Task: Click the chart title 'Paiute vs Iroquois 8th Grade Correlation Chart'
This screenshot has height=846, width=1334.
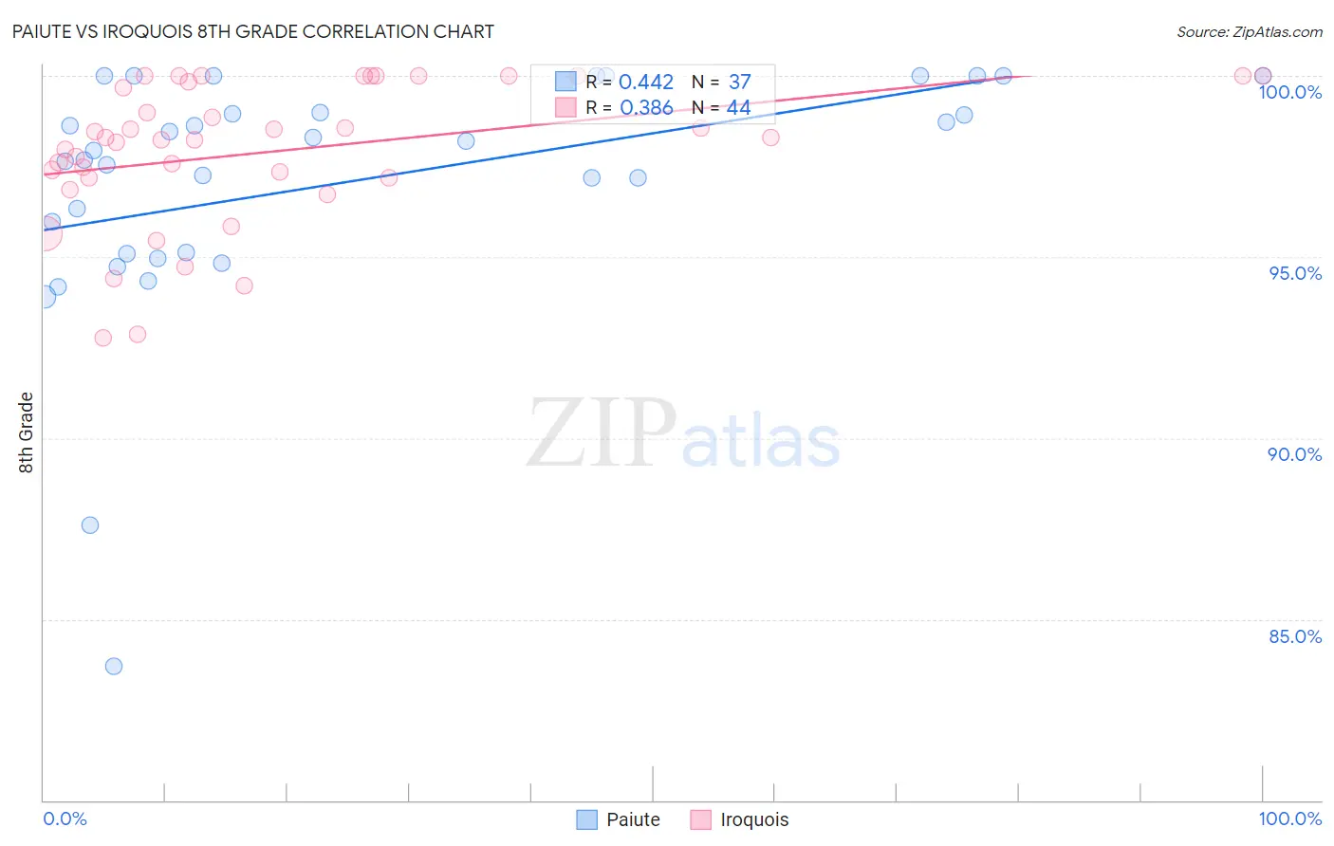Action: tap(253, 31)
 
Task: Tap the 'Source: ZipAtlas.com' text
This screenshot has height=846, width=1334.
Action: tap(1249, 31)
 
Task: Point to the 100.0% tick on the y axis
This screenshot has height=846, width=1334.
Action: tap(1289, 92)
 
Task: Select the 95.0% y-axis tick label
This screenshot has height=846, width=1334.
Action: tap(1295, 273)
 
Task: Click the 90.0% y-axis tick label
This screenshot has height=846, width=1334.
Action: tap(1294, 454)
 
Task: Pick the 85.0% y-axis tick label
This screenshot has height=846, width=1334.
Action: tap(1295, 636)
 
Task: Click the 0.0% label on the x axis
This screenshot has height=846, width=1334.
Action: tap(65, 818)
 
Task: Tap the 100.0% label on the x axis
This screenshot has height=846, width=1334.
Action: tap(1289, 818)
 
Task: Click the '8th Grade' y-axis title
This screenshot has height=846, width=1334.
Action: tap(26, 432)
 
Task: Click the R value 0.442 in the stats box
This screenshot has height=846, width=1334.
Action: tap(645, 83)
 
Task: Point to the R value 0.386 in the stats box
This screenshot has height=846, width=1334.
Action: tap(645, 108)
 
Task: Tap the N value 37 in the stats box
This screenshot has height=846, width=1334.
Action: tap(739, 83)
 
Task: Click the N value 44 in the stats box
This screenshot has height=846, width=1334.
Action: tap(738, 108)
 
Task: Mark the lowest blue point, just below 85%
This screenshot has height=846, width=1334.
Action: tap(114, 666)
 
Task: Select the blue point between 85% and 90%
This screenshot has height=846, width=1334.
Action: tap(90, 525)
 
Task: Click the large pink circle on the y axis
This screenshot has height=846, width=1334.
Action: tap(45, 232)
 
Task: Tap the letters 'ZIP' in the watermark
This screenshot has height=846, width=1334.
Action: tap(601, 433)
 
